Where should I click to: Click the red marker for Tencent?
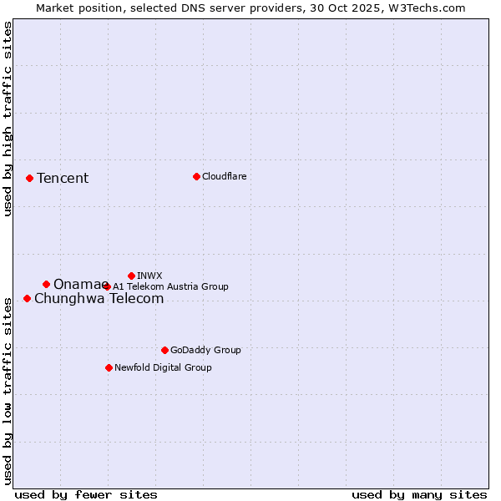click(x=29, y=178)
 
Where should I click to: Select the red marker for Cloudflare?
click(x=196, y=176)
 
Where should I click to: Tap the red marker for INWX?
click(x=131, y=276)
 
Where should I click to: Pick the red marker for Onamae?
click(x=46, y=284)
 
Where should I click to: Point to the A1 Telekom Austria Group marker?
click(x=106, y=286)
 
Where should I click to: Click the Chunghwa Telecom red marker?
click(x=27, y=298)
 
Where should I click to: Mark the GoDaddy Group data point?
click(x=164, y=350)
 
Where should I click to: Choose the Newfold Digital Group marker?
click(x=109, y=367)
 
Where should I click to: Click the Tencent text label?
click(x=63, y=178)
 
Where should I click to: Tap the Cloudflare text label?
click(x=224, y=176)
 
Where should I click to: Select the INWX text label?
click(x=149, y=276)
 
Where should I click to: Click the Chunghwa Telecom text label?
click(x=99, y=299)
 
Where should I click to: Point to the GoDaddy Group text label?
click(x=205, y=350)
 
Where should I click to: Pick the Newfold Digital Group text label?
click(x=163, y=367)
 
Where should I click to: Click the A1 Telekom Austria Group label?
click(x=170, y=286)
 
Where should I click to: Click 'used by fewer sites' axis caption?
click(x=86, y=494)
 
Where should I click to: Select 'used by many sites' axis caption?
click(x=419, y=494)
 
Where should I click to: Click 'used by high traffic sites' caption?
click(x=8, y=119)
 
